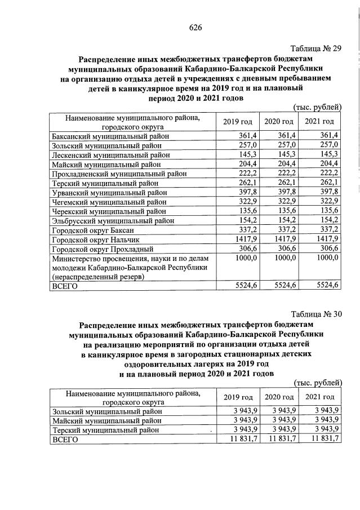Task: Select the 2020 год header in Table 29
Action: pos(279,122)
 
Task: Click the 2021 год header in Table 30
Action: pos(319,397)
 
